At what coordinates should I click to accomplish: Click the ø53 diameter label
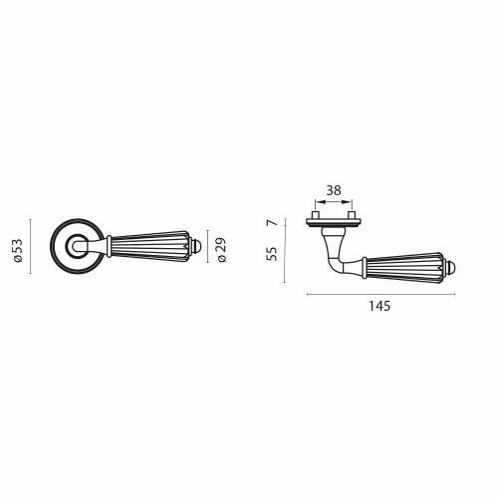click(x=18, y=250)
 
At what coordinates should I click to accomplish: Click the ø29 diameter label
click(x=222, y=250)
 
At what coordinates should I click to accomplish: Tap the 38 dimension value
click(x=334, y=190)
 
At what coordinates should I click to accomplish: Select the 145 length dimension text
click(x=379, y=306)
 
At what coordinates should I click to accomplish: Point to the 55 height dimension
click(x=272, y=254)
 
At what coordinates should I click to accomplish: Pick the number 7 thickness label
click(x=273, y=223)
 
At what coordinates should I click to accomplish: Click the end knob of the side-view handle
click(x=451, y=268)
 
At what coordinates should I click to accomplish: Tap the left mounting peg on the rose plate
click(x=316, y=215)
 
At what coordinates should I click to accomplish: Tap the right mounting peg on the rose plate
click(x=353, y=215)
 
